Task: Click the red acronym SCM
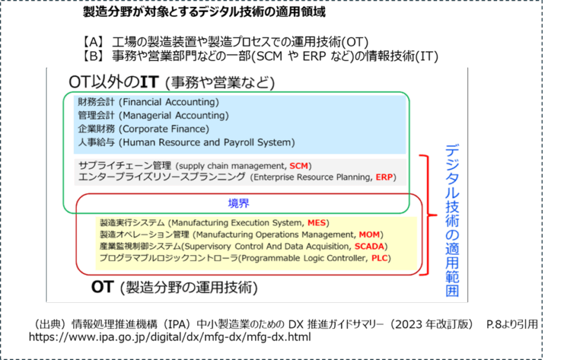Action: pos(300,166)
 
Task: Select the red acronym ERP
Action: pos(385,177)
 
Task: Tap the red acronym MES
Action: pos(317,223)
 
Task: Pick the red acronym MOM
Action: pos(369,235)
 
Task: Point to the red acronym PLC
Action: pos(379,259)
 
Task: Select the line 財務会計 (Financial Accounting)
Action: pos(148,102)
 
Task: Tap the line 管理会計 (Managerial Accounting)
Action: pos(153,116)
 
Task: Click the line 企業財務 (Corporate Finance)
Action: pos(143,129)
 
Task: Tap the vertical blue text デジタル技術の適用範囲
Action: pos(452,218)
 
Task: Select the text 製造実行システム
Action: pos(124,223)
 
